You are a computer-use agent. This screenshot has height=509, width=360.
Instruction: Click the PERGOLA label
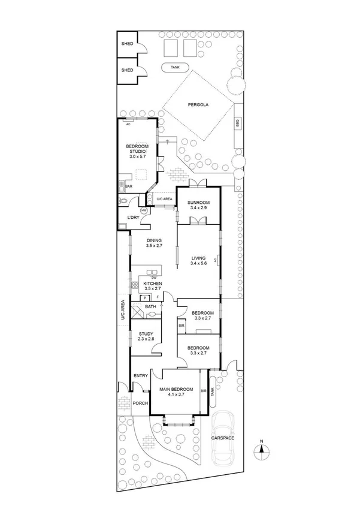[x=198, y=104]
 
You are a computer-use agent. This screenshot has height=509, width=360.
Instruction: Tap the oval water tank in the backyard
[x=175, y=68]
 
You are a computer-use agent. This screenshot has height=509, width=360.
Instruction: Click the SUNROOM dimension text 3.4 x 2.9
[x=198, y=208]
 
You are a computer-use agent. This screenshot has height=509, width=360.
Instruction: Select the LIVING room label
[x=198, y=258]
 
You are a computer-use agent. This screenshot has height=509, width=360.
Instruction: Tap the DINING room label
[x=155, y=240]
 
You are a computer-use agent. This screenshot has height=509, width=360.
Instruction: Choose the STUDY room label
[x=146, y=334]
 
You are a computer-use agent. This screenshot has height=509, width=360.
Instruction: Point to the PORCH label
[x=140, y=403]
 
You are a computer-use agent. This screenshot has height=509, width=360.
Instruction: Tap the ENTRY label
[x=141, y=376]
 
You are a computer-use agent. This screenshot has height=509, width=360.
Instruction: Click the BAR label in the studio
[x=128, y=186]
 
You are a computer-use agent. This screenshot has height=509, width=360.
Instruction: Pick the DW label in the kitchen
[x=154, y=277]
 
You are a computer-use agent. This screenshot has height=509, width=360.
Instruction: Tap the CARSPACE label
[x=222, y=438]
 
